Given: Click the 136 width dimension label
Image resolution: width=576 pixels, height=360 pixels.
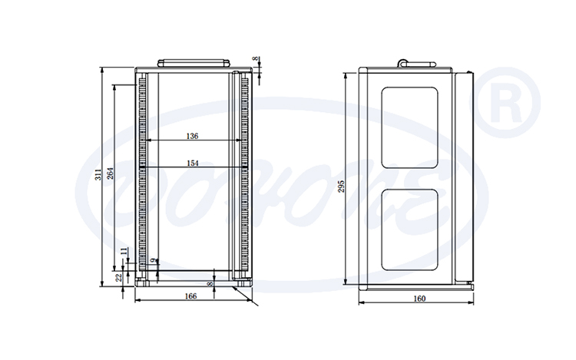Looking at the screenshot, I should [x=192, y=136].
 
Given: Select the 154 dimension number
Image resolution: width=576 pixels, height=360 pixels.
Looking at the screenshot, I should [x=192, y=163].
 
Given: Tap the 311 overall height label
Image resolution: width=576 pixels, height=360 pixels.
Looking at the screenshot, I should [x=98, y=174].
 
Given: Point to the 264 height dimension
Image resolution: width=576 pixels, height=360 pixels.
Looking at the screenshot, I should [x=110, y=174].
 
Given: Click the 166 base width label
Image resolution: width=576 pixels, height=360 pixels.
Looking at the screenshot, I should [x=190, y=296].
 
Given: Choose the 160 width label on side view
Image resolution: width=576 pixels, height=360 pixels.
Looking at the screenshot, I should [x=419, y=299].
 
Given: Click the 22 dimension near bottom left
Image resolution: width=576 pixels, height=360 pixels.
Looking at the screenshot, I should [x=118, y=278].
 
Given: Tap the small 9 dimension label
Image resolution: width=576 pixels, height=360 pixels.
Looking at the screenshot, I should [x=155, y=261].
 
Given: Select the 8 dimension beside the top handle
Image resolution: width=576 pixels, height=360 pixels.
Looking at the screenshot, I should [x=256, y=59].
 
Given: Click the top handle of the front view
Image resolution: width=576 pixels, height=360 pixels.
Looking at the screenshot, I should [x=194, y=62].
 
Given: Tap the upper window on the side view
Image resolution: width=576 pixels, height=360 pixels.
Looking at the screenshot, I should [x=411, y=127].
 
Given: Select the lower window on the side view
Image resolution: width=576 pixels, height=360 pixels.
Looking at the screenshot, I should [x=411, y=231].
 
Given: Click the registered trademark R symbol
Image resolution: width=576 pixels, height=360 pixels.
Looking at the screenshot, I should [x=511, y=103].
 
